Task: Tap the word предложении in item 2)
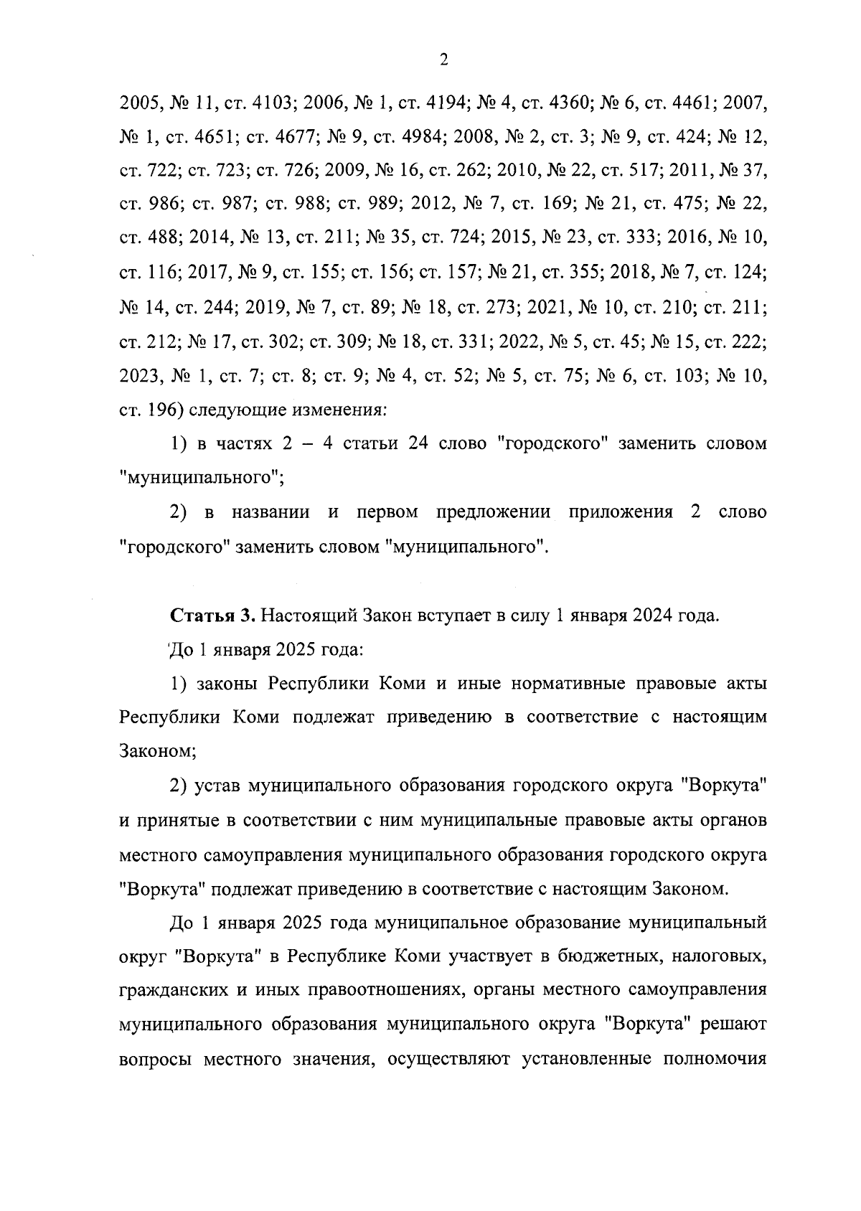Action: pyautogui.click(x=493, y=513)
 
